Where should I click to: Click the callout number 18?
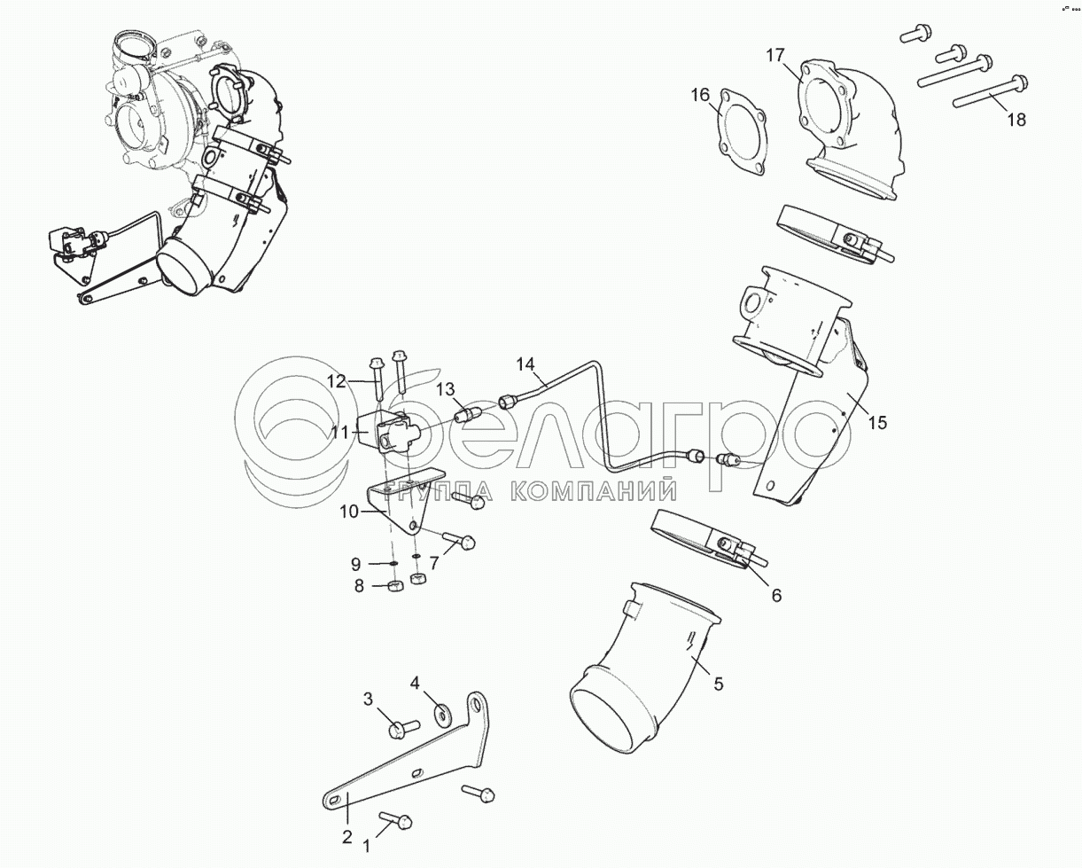pos(1016,119)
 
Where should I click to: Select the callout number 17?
pos(775,56)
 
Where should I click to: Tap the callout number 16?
pos(700,95)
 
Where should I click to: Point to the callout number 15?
pos(876,423)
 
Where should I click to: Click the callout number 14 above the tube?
pos(526,364)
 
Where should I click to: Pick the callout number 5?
pos(718,684)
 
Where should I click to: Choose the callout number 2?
pos(347,836)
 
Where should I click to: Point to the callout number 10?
pos(348,512)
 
